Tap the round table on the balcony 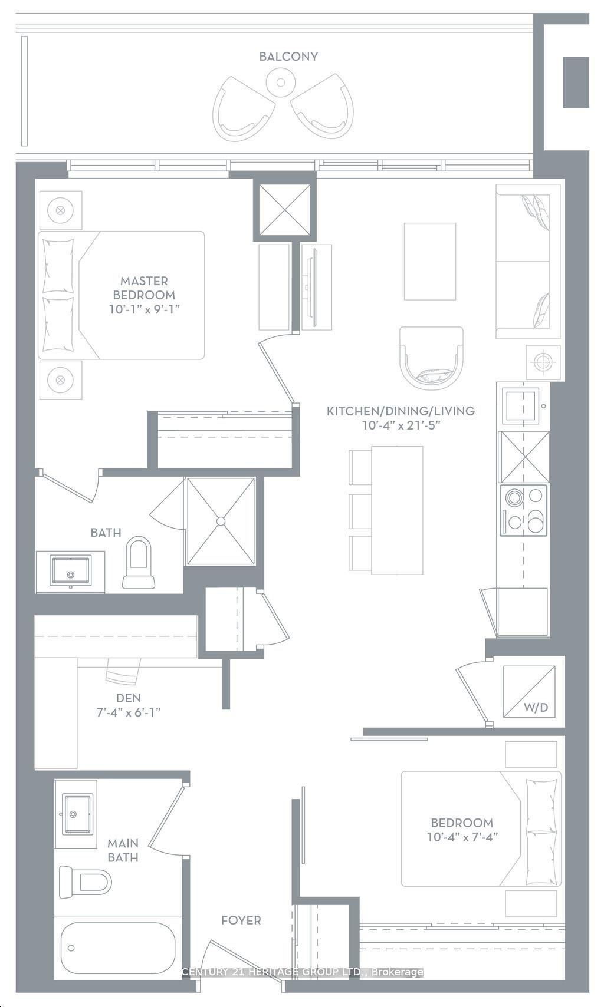coord(281,82)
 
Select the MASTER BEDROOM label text coord(144,288)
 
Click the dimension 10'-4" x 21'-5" coord(401,425)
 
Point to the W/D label coord(536,708)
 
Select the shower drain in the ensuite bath coord(221,521)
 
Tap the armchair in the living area coord(431,358)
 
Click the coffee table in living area coord(429,261)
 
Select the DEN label coord(128,698)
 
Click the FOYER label coord(241,920)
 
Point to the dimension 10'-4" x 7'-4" coord(462,837)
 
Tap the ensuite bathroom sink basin coord(70,572)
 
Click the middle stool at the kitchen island coord(360,511)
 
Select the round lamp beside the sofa coord(543,361)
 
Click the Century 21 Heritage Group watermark coord(302,972)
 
